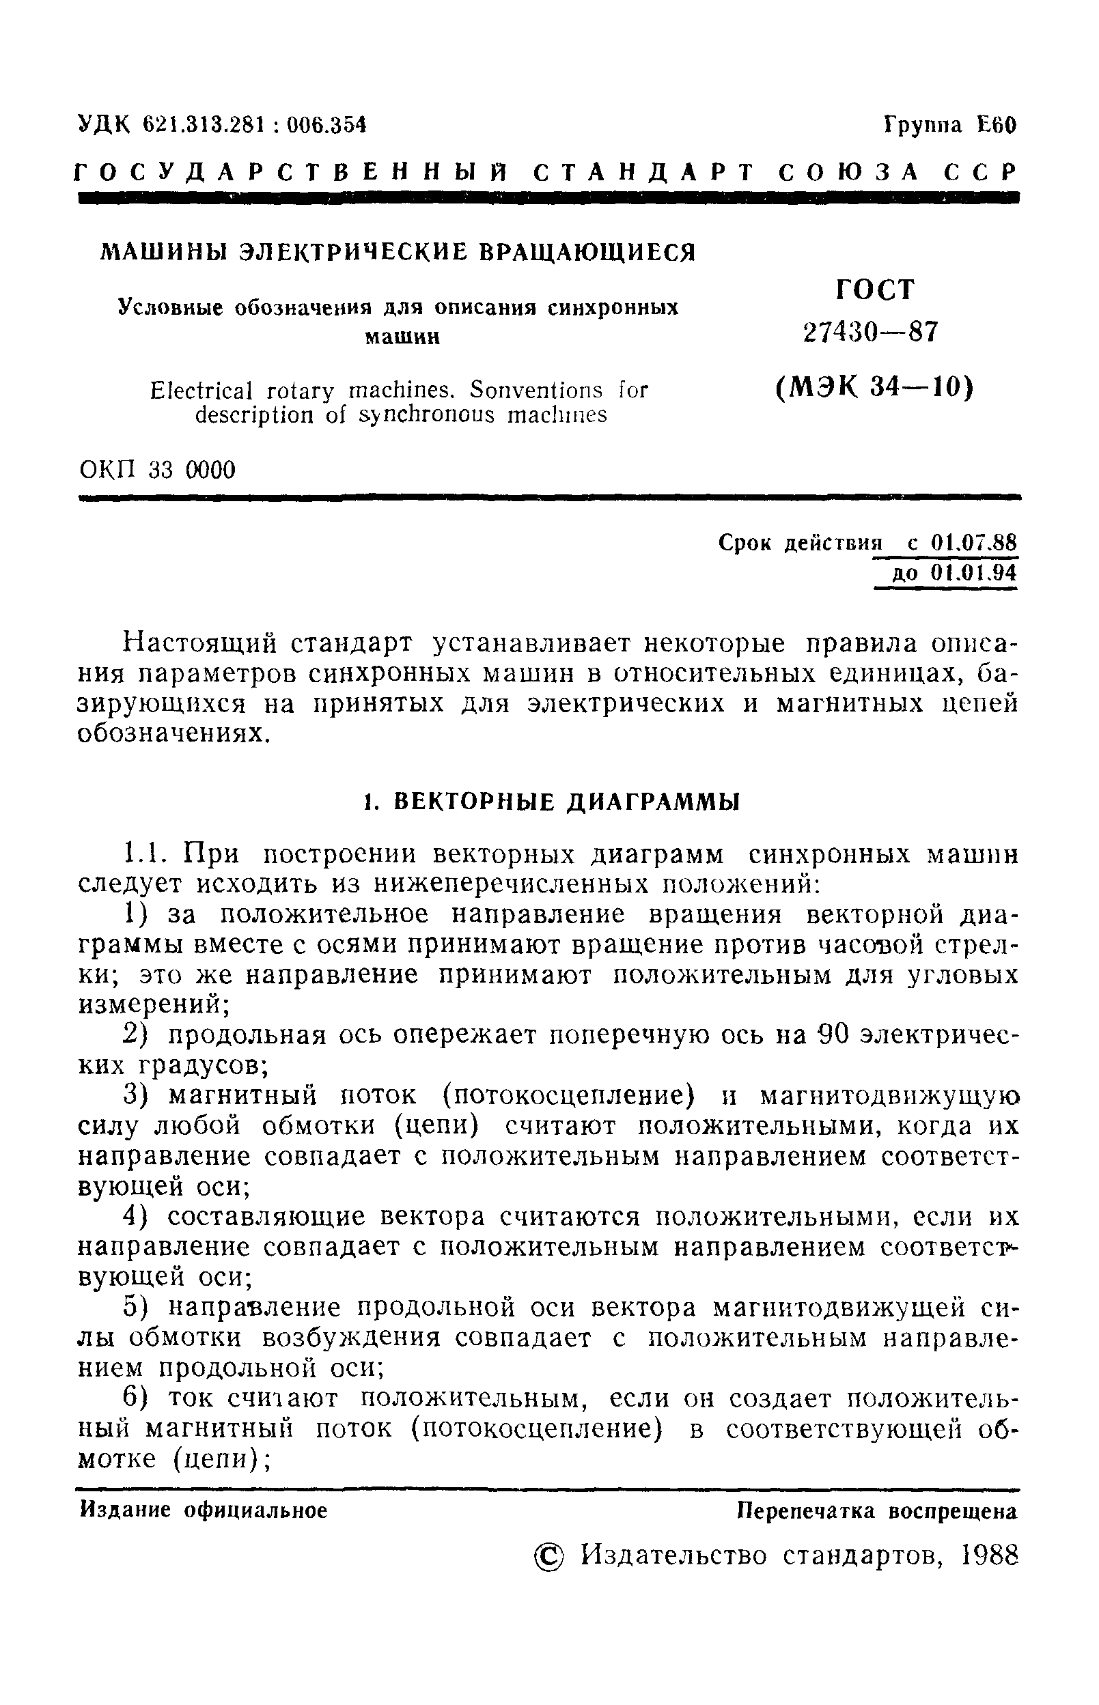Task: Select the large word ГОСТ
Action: point(874,289)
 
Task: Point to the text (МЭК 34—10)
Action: point(874,387)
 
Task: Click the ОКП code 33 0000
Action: point(192,470)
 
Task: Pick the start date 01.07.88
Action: point(973,544)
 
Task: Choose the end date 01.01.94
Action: point(973,574)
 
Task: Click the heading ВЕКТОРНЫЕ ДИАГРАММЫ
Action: point(568,802)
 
